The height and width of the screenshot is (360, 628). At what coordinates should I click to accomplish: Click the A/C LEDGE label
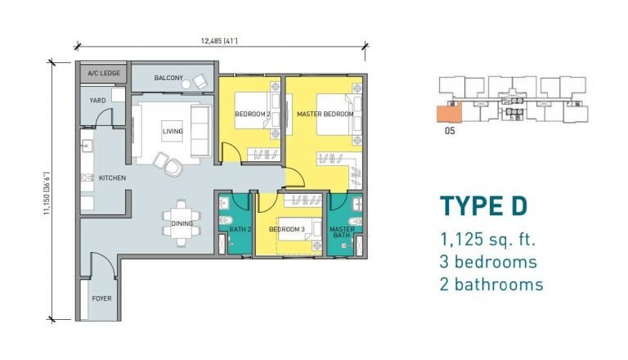coord(104,73)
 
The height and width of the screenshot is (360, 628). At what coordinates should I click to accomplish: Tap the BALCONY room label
coord(168,78)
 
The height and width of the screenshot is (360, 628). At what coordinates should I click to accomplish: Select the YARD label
coord(97,100)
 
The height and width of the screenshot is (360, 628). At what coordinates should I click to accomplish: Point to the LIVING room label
coord(173,131)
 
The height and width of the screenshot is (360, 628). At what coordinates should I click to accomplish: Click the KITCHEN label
coord(113,178)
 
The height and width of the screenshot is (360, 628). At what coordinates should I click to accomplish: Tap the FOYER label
coord(101,299)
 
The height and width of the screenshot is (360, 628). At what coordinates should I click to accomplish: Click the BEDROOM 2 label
coord(253,114)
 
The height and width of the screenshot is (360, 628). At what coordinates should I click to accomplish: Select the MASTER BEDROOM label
coord(325,114)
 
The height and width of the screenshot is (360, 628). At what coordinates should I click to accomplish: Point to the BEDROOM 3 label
coord(287,229)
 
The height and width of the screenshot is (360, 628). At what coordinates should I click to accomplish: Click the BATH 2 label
coord(240,229)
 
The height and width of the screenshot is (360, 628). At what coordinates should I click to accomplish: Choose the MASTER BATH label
coord(342,232)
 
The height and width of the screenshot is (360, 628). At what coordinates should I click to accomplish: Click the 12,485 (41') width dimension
coord(219,40)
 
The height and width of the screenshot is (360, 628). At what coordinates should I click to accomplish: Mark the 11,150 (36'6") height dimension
coord(47,193)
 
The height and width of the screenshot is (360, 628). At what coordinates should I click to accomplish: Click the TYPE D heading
coord(484,206)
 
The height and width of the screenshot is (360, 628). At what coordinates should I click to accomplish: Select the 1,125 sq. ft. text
coord(488,240)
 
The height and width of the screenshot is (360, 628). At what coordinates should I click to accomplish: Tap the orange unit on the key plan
coord(449,113)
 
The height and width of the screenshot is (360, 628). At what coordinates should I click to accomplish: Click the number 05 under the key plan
coord(450,131)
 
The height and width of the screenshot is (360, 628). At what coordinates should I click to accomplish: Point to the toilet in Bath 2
coord(225,220)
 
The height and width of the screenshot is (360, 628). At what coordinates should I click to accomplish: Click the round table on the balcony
coord(186,84)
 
